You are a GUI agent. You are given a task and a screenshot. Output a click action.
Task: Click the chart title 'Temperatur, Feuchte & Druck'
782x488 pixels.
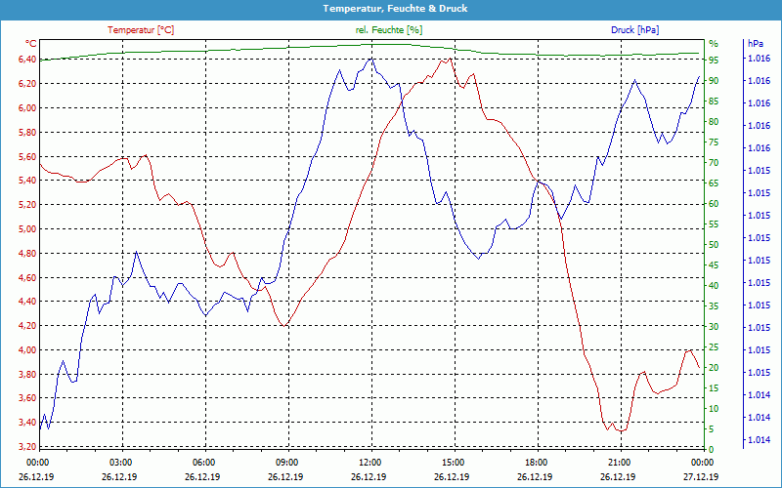391,8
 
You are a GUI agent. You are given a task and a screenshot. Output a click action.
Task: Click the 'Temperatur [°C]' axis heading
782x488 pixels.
141,30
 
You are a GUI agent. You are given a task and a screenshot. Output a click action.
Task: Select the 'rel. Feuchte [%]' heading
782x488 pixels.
389,30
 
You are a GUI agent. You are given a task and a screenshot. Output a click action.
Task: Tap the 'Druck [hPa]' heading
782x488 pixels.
635,30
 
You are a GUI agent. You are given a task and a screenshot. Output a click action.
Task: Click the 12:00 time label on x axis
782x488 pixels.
369,462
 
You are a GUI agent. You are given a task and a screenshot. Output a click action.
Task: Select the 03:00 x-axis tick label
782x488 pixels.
120,462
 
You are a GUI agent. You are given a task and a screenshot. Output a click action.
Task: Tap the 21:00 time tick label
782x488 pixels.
619,462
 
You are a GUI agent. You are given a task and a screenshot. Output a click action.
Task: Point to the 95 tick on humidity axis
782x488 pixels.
714,60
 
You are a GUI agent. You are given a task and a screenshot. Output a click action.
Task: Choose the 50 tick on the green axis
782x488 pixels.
714,245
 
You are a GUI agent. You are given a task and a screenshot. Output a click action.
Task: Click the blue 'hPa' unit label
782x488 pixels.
755,44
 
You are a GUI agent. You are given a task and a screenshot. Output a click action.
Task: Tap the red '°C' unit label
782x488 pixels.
31,44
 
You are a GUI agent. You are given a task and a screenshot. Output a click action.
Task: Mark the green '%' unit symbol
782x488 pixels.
713,44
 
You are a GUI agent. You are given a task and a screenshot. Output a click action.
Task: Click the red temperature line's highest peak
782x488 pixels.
446,60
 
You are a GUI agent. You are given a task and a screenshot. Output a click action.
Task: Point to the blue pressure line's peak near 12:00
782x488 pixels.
370,59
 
